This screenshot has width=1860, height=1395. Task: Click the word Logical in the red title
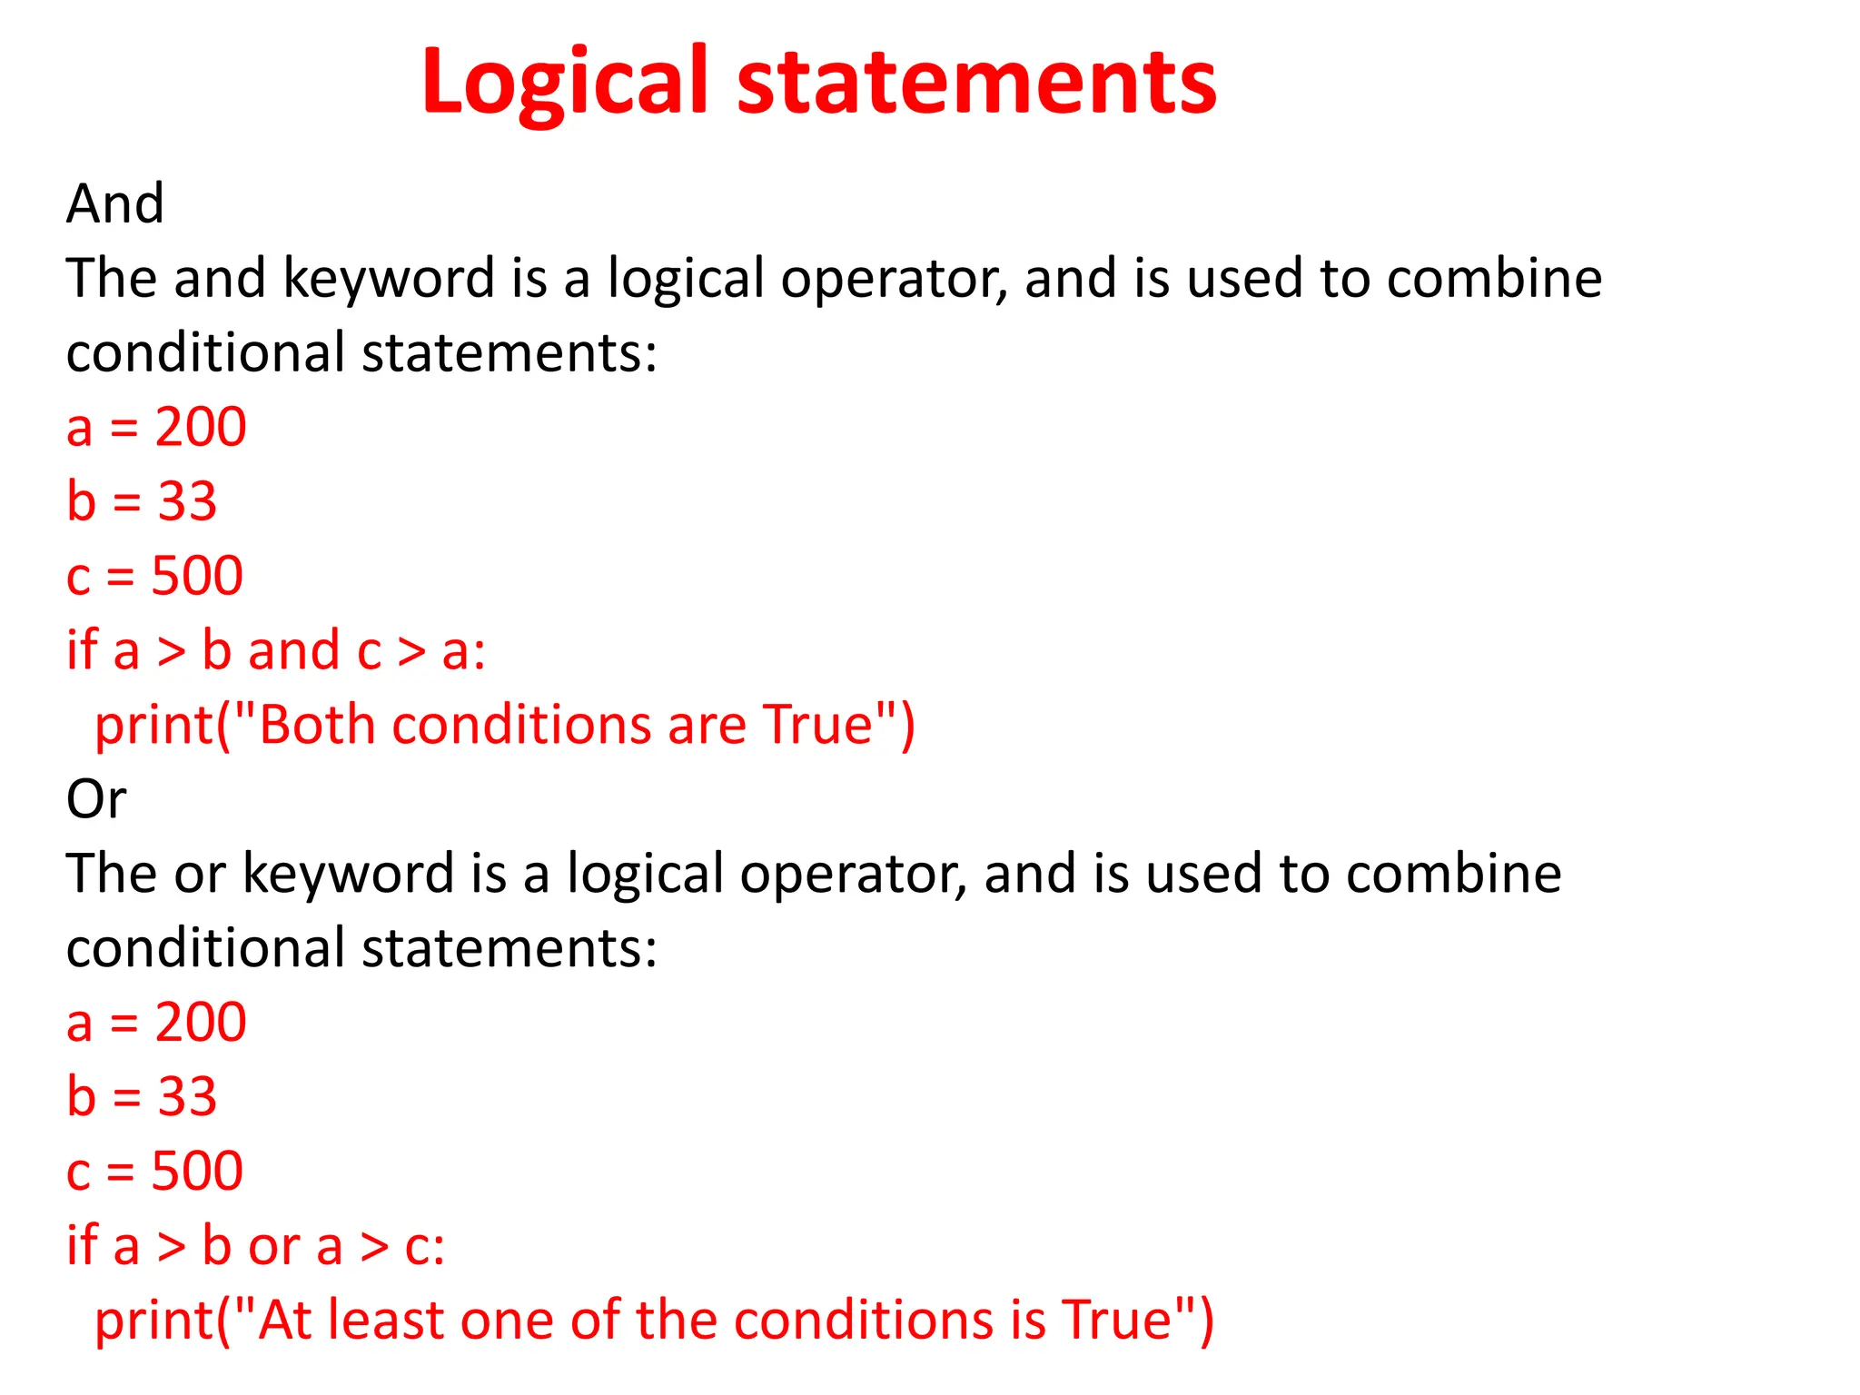[x=564, y=84]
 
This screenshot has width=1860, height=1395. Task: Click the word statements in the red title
[x=976, y=84]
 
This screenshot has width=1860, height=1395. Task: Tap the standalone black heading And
[x=115, y=203]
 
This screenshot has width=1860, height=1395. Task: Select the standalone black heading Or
[x=96, y=799]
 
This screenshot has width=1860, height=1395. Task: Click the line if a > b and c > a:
[x=276, y=650]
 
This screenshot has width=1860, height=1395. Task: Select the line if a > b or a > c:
[x=256, y=1245]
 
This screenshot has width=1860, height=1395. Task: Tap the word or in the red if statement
[x=274, y=1247]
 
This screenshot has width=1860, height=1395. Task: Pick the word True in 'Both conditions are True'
[x=817, y=725]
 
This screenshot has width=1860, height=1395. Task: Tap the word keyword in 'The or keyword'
[x=349, y=874]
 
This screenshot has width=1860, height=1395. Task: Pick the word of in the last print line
[x=594, y=1320]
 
